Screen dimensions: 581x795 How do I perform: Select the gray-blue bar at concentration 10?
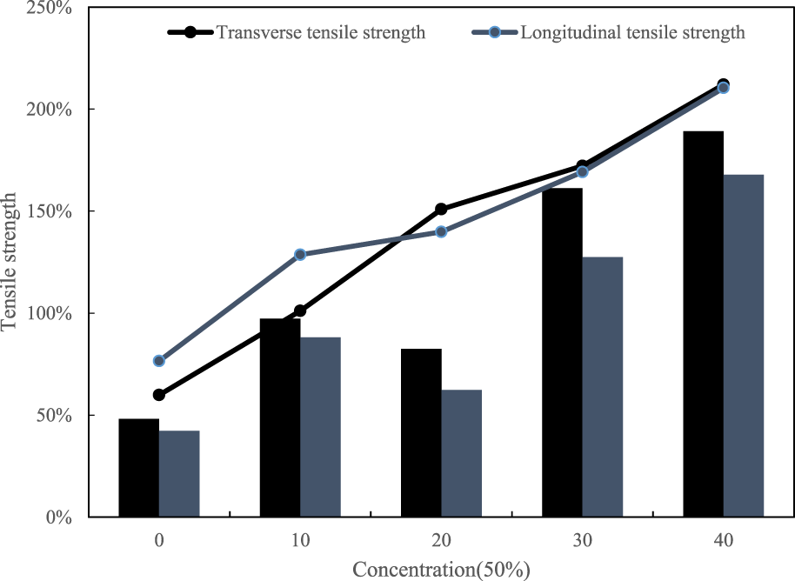pyautogui.click(x=320, y=427)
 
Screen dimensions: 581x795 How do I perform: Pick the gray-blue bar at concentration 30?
pyautogui.click(x=603, y=387)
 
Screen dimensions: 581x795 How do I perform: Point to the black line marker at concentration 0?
pyautogui.click(x=159, y=395)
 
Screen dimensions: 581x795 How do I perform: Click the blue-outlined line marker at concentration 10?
pyautogui.click(x=300, y=255)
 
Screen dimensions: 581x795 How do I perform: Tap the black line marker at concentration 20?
pyautogui.click(x=441, y=209)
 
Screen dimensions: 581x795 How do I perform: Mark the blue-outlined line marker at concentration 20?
pyautogui.click(x=441, y=231)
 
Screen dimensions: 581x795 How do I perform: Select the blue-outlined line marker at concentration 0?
pyautogui.click(x=159, y=361)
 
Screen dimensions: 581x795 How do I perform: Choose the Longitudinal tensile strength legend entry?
pyautogui.click(x=609, y=33)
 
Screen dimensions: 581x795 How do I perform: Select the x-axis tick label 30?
pyautogui.click(x=582, y=540)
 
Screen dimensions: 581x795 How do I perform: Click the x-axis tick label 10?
pyautogui.click(x=300, y=540)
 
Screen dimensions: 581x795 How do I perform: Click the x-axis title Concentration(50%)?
pyautogui.click(x=441, y=570)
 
